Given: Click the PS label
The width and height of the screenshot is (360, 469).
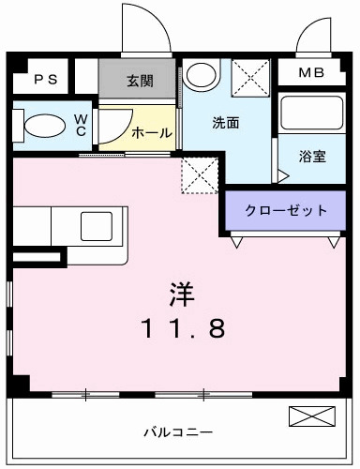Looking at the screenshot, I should pyautogui.click(x=45, y=79).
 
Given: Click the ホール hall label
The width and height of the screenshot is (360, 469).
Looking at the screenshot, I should pyautogui.click(x=152, y=133).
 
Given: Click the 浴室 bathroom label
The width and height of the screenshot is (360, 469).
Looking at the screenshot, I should pyautogui.click(x=312, y=156).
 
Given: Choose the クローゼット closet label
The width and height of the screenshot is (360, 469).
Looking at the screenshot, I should pyautogui.click(x=286, y=210).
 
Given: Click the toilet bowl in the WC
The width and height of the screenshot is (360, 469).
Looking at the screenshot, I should pyautogui.click(x=43, y=125).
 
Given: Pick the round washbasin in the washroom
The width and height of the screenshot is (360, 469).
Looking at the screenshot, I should pyautogui.click(x=200, y=73).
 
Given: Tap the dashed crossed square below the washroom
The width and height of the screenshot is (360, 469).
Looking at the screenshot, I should pyautogui.click(x=199, y=174).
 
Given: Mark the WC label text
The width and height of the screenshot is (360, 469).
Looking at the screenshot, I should pyautogui.click(x=81, y=125).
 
